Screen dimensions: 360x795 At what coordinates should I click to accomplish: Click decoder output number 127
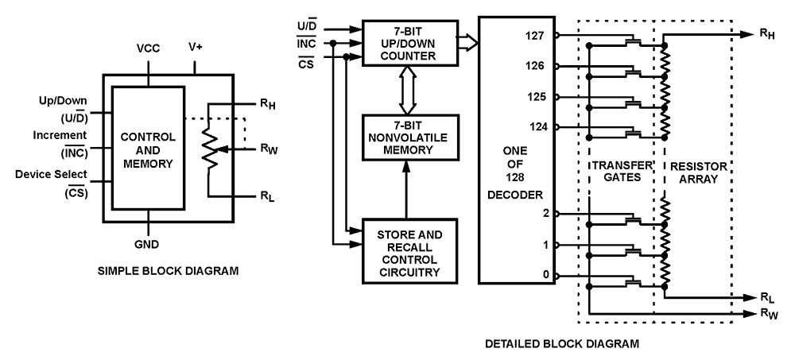(534, 36)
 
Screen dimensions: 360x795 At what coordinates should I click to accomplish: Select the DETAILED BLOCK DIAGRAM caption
(562, 344)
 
